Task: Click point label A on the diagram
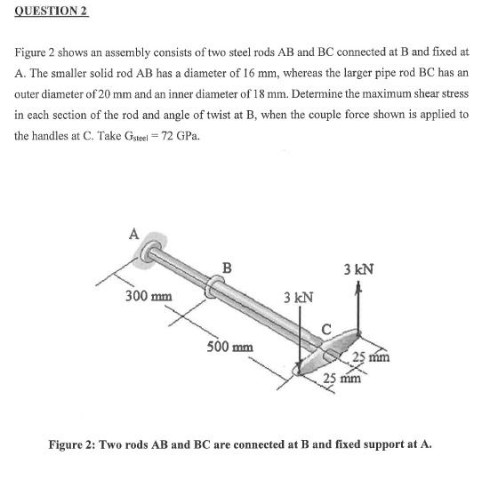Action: (134, 234)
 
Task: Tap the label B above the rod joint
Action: (228, 268)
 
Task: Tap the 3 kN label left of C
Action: (298, 295)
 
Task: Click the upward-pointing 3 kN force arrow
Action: (358, 307)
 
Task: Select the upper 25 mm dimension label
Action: (373, 357)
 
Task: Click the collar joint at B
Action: (213, 288)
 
